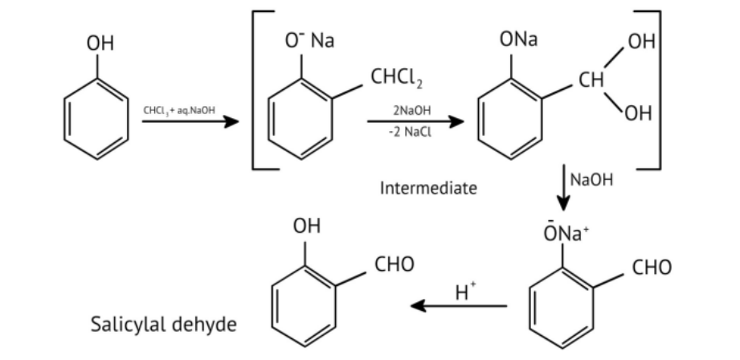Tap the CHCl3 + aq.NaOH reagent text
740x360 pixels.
[179, 109]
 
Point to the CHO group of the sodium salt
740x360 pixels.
[651, 267]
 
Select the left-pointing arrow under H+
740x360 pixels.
[458, 306]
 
